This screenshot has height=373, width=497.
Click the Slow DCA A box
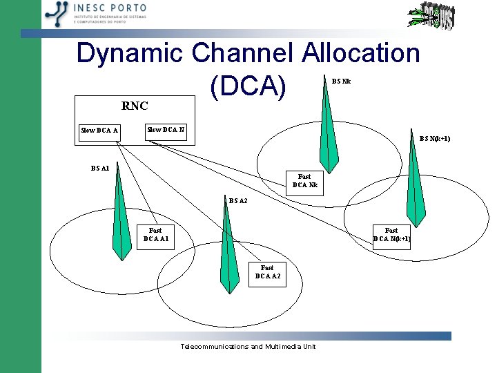click(99, 131)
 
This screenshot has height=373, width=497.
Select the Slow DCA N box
click(165, 130)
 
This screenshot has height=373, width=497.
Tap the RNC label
click(135, 106)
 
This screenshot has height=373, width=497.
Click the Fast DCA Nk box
click(304, 181)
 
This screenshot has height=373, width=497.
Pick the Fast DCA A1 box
click(155, 235)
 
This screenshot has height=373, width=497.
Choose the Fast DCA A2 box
click(266, 272)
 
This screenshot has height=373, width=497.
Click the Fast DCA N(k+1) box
click(391, 235)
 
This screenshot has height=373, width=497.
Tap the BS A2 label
click(238, 201)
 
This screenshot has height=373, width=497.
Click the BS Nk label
click(341, 81)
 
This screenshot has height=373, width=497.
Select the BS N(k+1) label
click(435, 139)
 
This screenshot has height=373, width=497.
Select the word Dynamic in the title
click(130, 54)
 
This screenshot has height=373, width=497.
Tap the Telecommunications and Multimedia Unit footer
click(248, 346)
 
